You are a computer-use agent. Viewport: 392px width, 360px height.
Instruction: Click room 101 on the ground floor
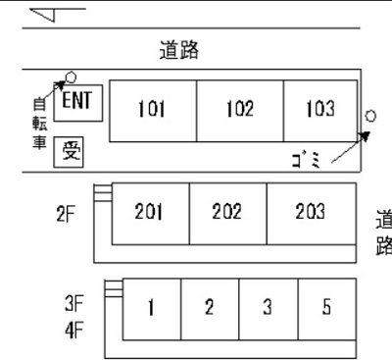tap(151, 110)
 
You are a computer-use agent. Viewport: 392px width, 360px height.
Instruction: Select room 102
tap(239, 110)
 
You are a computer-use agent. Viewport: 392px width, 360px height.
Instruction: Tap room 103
tap(319, 110)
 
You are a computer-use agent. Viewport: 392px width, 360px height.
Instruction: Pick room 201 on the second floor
tap(149, 212)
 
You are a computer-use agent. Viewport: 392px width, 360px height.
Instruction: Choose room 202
tap(226, 212)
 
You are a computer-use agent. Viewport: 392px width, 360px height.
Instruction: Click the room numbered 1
tap(152, 307)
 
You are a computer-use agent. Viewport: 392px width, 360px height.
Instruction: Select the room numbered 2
tap(209, 307)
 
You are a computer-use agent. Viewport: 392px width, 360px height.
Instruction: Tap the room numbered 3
tap(267, 307)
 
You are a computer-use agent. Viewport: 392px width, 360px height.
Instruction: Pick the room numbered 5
tap(325, 307)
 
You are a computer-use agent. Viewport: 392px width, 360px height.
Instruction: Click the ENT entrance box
tap(76, 100)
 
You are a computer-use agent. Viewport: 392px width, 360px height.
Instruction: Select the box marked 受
tap(72, 150)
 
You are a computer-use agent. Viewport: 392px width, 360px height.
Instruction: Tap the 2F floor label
tap(67, 212)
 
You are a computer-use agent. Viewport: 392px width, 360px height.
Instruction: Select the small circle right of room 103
tap(368, 116)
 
